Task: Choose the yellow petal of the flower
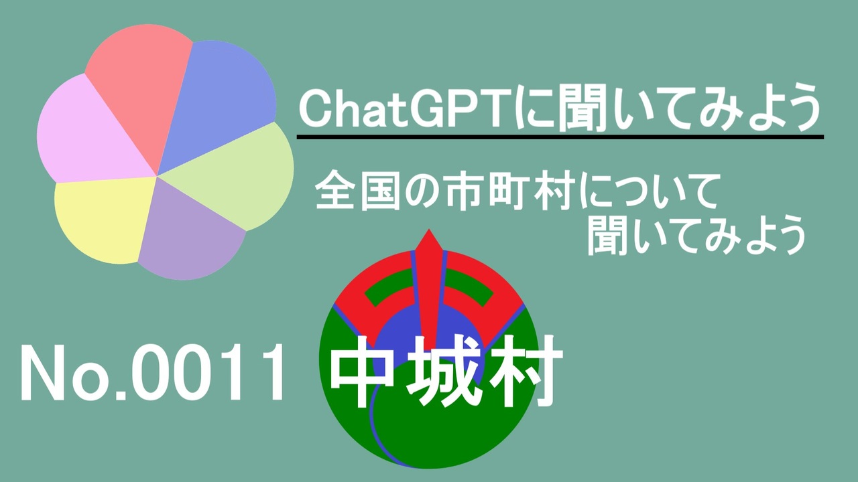103,218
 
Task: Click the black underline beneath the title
560,137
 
